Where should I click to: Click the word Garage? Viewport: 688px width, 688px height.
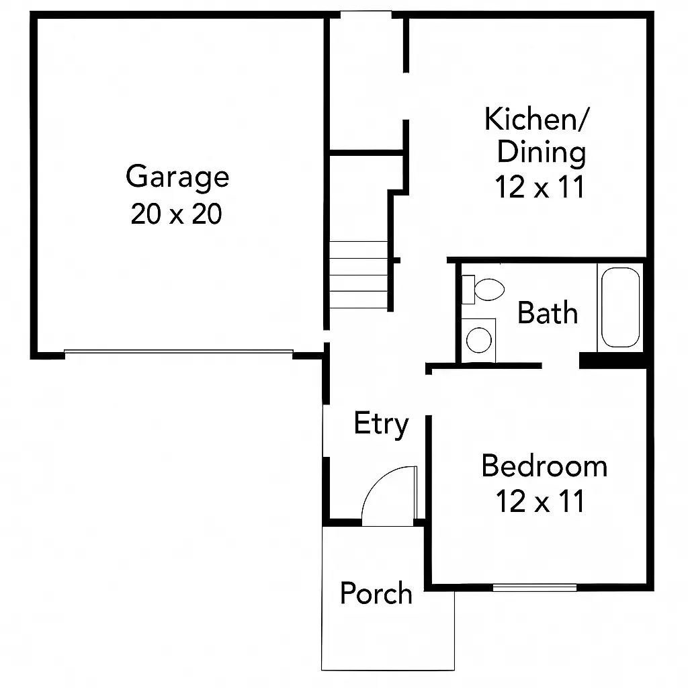pyautogui.click(x=177, y=178)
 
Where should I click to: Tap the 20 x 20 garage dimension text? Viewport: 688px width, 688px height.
pyautogui.click(x=176, y=214)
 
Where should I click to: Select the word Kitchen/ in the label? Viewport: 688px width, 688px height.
pyautogui.click(x=537, y=120)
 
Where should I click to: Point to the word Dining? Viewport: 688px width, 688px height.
pyautogui.click(x=541, y=153)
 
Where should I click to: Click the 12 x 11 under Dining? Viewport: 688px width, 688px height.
pyautogui.click(x=540, y=187)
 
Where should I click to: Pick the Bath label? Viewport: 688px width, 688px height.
pyautogui.click(x=548, y=313)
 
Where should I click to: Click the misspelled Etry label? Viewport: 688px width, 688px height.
pyautogui.click(x=381, y=424)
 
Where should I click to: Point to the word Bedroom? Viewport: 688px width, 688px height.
pyautogui.click(x=544, y=466)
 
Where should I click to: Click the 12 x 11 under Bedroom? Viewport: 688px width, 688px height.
pyautogui.click(x=540, y=501)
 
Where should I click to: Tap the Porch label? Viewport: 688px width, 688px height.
pyautogui.click(x=376, y=593)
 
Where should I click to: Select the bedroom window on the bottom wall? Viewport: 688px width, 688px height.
pyautogui.click(x=534, y=587)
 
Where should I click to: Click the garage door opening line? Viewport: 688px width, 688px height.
pyautogui.click(x=179, y=351)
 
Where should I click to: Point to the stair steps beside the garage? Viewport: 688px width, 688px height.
pyautogui.click(x=358, y=275)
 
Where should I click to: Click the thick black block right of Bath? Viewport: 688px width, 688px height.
pyautogui.click(x=612, y=360)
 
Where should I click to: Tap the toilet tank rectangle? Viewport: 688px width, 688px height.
pyautogui.click(x=468, y=289)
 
